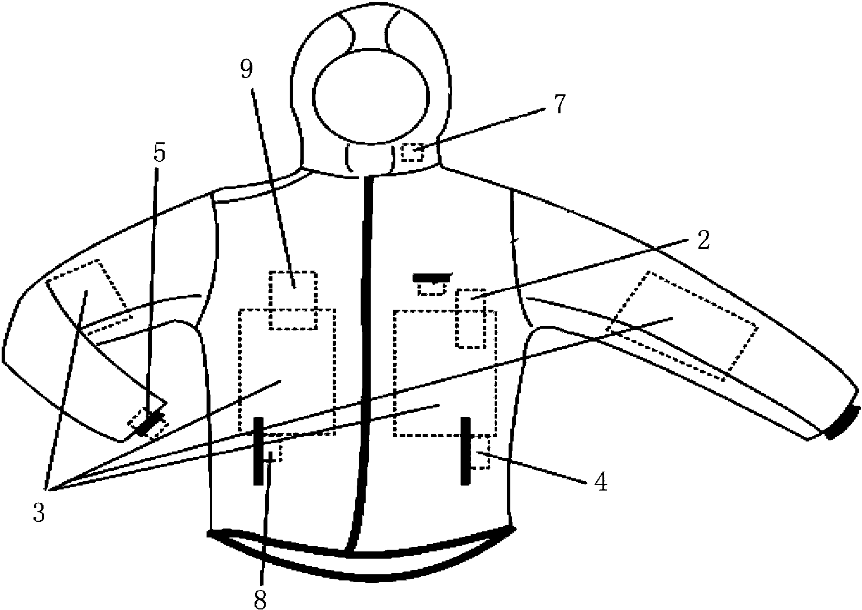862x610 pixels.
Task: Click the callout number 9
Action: (x=247, y=70)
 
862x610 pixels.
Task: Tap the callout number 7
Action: (x=559, y=104)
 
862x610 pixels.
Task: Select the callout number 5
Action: (x=159, y=152)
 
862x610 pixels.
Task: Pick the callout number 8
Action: (x=260, y=599)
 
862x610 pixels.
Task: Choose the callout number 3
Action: (x=39, y=512)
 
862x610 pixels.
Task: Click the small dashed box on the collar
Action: (x=413, y=152)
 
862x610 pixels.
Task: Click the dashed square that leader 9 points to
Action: (x=293, y=300)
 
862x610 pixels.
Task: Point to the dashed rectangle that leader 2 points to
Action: (x=470, y=319)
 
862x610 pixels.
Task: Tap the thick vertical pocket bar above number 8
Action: (x=258, y=451)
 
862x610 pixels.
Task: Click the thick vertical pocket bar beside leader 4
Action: (x=466, y=451)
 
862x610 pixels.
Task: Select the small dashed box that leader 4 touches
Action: (x=480, y=452)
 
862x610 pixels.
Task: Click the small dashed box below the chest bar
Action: (x=432, y=289)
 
